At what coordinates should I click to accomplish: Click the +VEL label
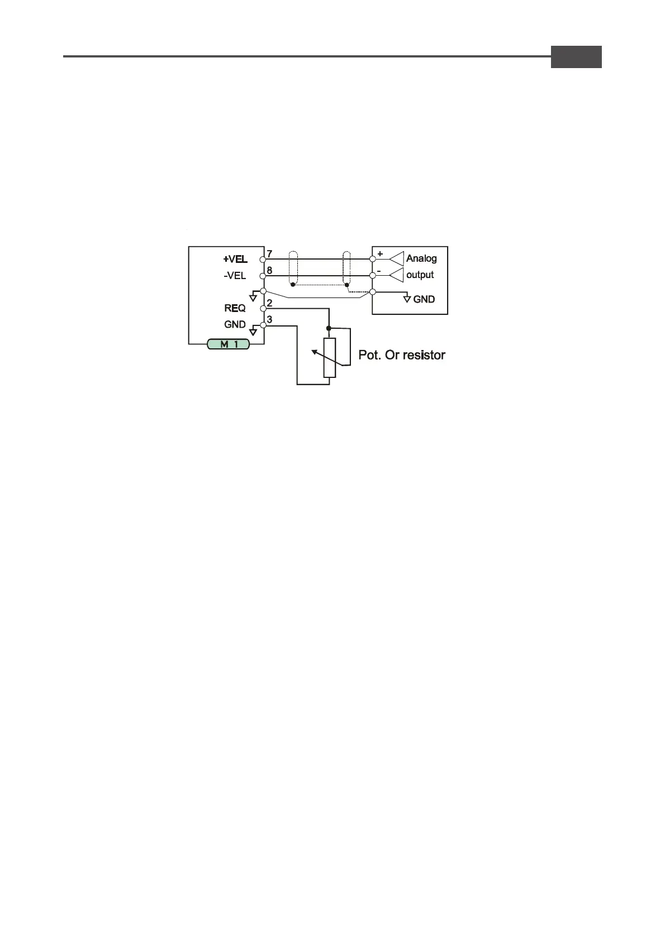235,259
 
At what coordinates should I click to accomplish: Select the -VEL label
235,276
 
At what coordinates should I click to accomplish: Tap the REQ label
235,308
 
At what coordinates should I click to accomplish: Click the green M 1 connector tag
228,344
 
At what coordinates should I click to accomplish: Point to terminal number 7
269,254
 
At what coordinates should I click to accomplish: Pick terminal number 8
269,271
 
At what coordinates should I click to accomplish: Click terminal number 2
269,303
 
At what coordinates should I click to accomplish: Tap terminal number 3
269,320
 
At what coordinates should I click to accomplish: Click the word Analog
421,258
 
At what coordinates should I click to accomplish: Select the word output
420,275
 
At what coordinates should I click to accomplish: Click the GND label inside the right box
424,299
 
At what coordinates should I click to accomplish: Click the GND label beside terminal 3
235,324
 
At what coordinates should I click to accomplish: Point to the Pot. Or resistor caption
402,355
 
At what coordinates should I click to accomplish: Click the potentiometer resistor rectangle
330,358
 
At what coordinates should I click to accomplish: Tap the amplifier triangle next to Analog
397,258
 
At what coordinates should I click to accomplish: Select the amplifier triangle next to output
397,275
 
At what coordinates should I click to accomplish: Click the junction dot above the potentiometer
329,328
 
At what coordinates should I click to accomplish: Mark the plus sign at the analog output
381,253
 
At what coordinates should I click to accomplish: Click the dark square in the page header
576,57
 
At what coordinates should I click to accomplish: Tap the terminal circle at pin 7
263,259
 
